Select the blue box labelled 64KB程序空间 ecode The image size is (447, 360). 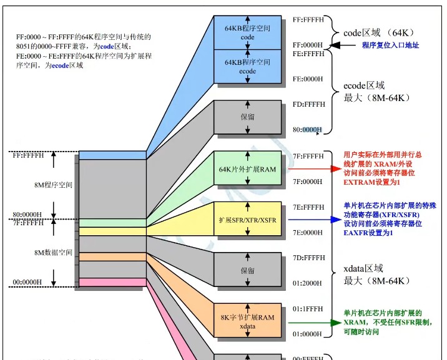[248, 67]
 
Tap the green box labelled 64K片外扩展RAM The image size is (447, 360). [248, 169]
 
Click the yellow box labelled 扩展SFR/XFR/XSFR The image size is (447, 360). [248, 220]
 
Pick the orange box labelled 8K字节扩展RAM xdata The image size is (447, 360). [248, 321]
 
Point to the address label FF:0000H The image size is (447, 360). [308, 45]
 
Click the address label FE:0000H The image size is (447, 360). [308, 79]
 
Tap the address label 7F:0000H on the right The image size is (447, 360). [308, 182]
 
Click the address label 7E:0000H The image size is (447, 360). [308, 232]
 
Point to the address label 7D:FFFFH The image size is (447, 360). [308, 258]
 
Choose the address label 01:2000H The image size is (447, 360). [308, 283]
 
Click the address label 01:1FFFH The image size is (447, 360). [308, 308]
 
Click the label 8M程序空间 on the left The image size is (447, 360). [53, 185]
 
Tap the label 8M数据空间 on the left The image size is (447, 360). [53, 253]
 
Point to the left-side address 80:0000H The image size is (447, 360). [27, 215]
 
